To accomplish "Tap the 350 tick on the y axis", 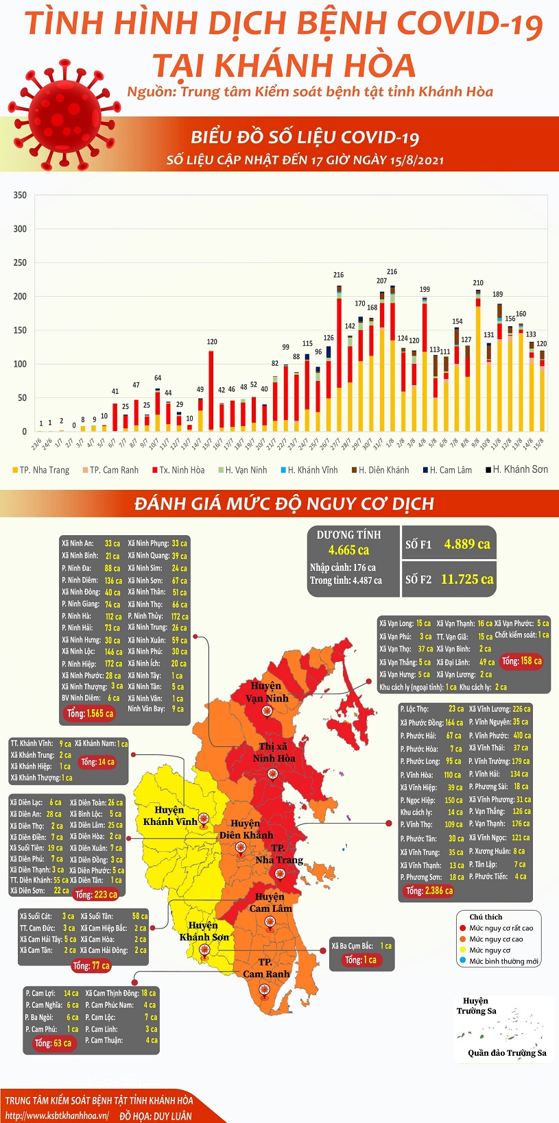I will (20, 195).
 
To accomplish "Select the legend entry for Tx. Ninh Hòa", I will (182, 470).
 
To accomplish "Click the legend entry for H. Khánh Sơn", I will (520, 469).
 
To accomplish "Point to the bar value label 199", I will (425, 289).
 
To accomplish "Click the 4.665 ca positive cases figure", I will (348, 550).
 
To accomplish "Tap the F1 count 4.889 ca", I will (466, 544).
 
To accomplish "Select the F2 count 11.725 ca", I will (466, 579).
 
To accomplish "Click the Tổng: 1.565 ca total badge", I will (91, 713).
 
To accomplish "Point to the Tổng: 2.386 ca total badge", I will (429, 891).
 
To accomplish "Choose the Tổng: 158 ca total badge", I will (521, 661).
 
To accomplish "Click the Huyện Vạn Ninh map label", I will (267, 692).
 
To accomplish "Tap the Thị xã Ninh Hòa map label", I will (274, 752).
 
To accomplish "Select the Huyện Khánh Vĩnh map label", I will (169, 815).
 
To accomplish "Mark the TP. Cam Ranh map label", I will (266, 968).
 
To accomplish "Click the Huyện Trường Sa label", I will (476, 1006).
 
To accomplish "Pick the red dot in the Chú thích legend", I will (463, 928).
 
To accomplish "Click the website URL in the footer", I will (57, 1115).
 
